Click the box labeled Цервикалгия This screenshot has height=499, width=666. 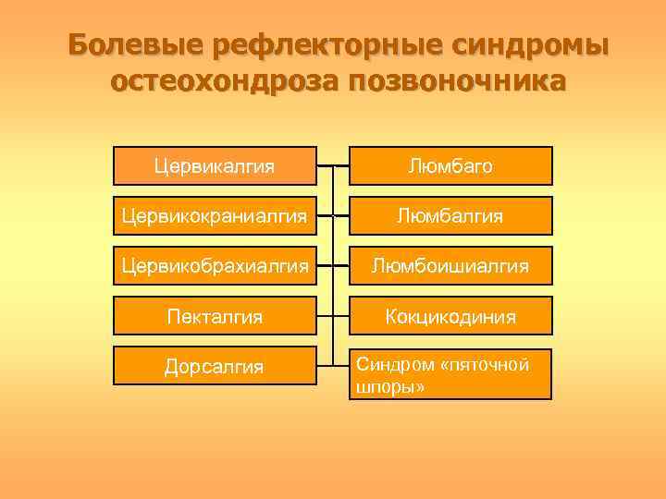coord(215,166)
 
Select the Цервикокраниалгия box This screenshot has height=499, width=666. coord(215,216)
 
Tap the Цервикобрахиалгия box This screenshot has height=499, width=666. coord(215,266)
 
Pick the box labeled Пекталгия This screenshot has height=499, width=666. coord(215,316)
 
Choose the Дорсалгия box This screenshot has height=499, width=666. coord(215,367)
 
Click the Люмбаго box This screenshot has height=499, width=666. coord(450,166)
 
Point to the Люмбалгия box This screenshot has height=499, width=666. coord(450,216)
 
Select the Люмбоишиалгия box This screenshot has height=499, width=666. coord(450,266)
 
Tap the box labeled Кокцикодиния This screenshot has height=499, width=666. coord(450,316)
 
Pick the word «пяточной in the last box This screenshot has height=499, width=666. coord(485,365)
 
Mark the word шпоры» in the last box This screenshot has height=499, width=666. coord(390,387)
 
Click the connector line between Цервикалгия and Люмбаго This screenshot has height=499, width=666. coord(333,166)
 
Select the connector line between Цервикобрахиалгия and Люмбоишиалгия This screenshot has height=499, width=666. coord(333,266)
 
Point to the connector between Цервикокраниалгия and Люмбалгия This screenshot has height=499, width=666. coord(333,216)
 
